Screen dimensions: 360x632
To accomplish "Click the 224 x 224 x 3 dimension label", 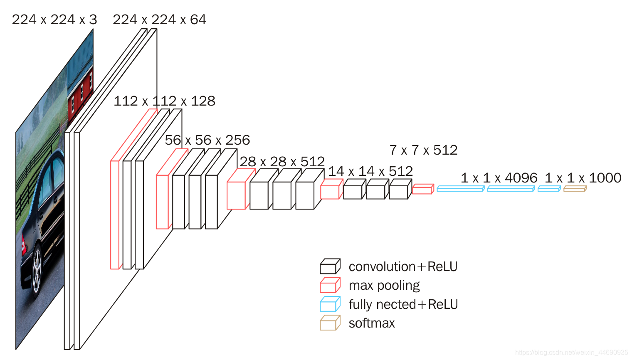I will click(x=54, y=20).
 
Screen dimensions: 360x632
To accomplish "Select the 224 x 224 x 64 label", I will click(x=159, y=20).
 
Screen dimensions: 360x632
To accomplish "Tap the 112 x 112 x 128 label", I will click(x=164, y=101).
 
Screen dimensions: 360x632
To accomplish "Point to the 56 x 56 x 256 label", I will click(x=207, y=140).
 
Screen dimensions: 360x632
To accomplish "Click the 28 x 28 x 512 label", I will click(x=282, y=162).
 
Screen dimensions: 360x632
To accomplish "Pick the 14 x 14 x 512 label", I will click(x=370, y=171).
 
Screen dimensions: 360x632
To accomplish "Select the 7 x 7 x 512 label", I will click(x=423, y=150).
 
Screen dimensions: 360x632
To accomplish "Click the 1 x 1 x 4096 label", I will click(x=499, y=178).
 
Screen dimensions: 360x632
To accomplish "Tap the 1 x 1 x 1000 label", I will click(x=583, y=178).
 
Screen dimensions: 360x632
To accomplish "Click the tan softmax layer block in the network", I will click(x=575, y=189).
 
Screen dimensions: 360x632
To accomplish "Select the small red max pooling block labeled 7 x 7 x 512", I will click(x=422, y=190).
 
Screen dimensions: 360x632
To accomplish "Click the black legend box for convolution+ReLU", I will click(x=330, y=266).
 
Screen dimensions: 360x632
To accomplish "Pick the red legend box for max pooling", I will click(x=330, y=286).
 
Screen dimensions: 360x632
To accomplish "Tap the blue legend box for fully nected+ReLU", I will click(x=330, y=304).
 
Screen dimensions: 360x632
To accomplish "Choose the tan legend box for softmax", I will click(x=330, y=323).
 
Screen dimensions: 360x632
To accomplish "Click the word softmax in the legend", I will click(x=372, y=323).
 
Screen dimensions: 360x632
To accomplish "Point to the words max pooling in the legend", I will click(x=384, y=286).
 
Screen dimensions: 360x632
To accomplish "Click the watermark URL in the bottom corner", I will click(x=571, y=353).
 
